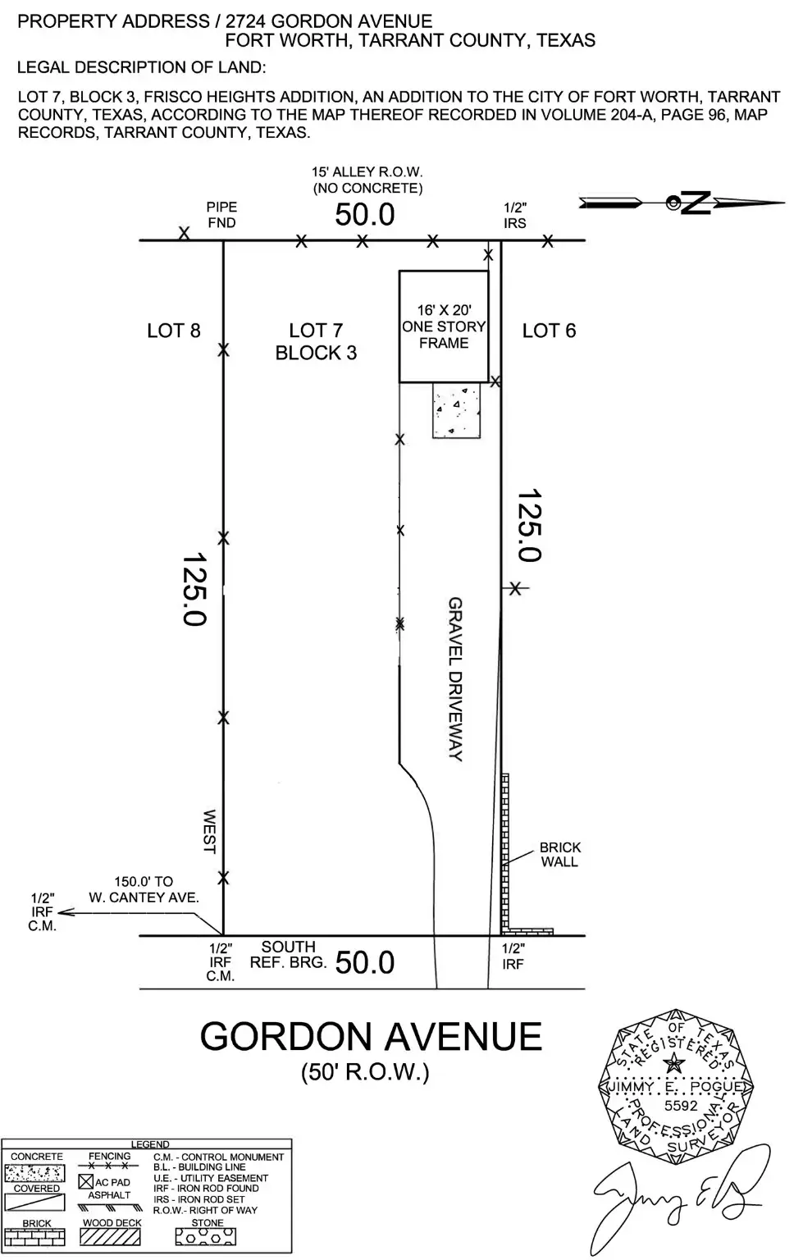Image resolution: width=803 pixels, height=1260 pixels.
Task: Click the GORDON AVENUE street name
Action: [x=371, y=1037]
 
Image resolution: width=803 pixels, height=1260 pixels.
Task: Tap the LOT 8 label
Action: [x=174, y=331]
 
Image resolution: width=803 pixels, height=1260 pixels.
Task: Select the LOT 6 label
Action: [x=549, y=331]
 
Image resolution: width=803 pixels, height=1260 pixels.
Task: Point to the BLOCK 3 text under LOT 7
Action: [x=316, y=353]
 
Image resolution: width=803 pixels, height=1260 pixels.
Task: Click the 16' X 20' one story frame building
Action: [x=444, y=326]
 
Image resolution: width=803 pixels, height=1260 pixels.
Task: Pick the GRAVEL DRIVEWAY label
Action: [x=455, y=679]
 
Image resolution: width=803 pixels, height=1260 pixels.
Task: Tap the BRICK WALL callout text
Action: [x=560, y=855]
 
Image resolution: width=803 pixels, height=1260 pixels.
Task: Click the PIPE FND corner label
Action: [x=221, y=215]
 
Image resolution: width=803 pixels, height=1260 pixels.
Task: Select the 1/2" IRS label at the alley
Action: [x=515, y=216]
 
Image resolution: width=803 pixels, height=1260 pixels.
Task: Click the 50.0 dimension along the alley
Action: [x=365, y=214]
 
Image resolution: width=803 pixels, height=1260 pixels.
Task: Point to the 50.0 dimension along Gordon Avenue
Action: [x=365, y=962]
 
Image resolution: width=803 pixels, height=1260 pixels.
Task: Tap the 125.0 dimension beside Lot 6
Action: [x=529, y=525]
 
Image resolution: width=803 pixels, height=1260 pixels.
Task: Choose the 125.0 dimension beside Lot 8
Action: [x=195, y=589]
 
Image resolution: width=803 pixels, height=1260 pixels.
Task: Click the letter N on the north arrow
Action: [x=696, y=203]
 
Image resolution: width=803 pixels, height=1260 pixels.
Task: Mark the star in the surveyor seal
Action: [x=674, y=1064]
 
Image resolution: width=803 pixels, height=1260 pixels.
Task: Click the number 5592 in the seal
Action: [x=681, y=1106]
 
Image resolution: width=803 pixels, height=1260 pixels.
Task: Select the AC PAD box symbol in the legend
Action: [x=85, y=1182]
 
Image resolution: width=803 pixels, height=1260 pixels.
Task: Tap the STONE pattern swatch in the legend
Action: [x=205, y=1237]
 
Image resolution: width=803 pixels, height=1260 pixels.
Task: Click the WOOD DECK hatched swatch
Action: [x=110, y=1237]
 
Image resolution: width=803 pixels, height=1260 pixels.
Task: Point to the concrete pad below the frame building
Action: [x=457, y=411]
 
